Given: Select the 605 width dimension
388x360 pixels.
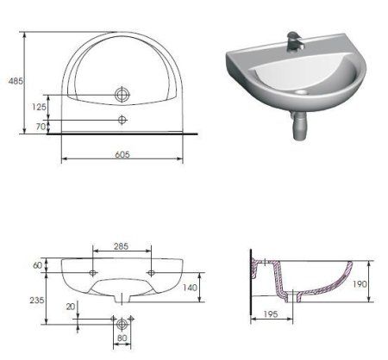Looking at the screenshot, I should coord(121,153).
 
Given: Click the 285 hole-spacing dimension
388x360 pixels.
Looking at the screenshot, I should coord(122,247).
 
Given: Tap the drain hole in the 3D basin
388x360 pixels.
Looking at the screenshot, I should coord(302,90).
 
